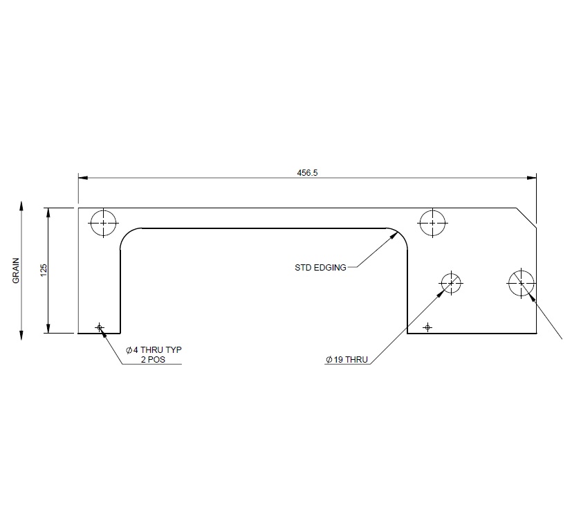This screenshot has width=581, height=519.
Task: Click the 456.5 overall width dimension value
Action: (x=306, y=173)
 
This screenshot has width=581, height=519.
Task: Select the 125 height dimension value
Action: (x=43, y=270)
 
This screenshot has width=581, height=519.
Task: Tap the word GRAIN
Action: (x=16, y=271)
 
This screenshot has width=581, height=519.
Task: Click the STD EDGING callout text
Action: (x=320, y=267)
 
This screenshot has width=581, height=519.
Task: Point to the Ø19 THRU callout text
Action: (x=347, y=360)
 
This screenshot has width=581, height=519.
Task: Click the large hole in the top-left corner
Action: (x=104, y=223)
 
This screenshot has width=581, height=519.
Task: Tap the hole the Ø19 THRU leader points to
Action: (x=451, y=282)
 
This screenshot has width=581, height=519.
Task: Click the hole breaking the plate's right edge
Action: (x=521, y=282)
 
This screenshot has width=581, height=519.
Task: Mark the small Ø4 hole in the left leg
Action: (x=100, y=327)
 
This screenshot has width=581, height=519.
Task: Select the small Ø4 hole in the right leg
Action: (x=427, y=327)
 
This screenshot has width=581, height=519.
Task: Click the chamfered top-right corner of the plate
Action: (x=526, y=217)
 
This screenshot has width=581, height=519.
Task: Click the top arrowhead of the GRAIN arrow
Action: (x=21, y=206)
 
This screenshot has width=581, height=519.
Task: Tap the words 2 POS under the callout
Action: (x=153, y=360)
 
